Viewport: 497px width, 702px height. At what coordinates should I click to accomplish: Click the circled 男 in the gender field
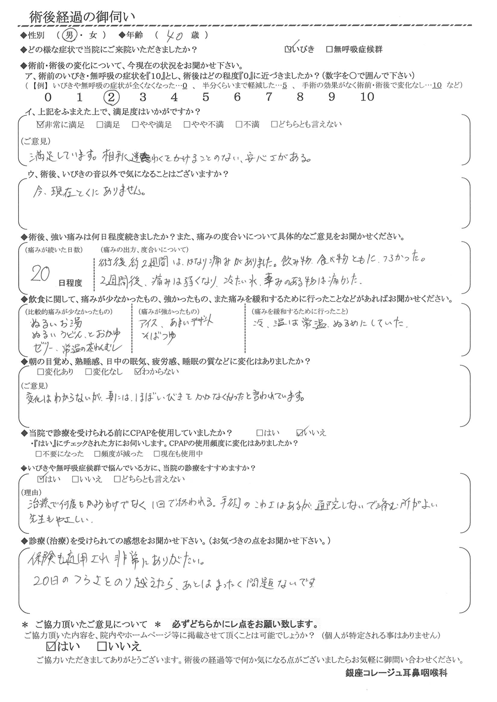[68, 35]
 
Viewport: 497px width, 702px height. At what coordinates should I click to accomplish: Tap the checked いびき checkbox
[289, 49]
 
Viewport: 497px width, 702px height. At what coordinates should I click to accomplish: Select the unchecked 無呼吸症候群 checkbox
[329, 49]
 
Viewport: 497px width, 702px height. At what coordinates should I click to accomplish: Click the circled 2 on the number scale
[111, 97]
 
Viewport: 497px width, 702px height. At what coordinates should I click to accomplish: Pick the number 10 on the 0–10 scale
[367, 97]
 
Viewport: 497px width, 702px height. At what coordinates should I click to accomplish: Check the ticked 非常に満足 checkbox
[39, 125]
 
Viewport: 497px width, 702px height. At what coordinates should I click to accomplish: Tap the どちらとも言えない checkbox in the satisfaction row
[274, 125]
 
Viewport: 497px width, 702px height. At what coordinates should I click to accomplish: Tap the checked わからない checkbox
[138, 372]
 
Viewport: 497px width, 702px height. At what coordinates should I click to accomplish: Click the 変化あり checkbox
[39, 372]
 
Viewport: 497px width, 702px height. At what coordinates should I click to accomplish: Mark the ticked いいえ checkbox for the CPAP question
[301, 431]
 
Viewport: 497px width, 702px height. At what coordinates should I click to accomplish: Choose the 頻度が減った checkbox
[97, 454]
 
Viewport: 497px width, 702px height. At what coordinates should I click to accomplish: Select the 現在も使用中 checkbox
[149, 454]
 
